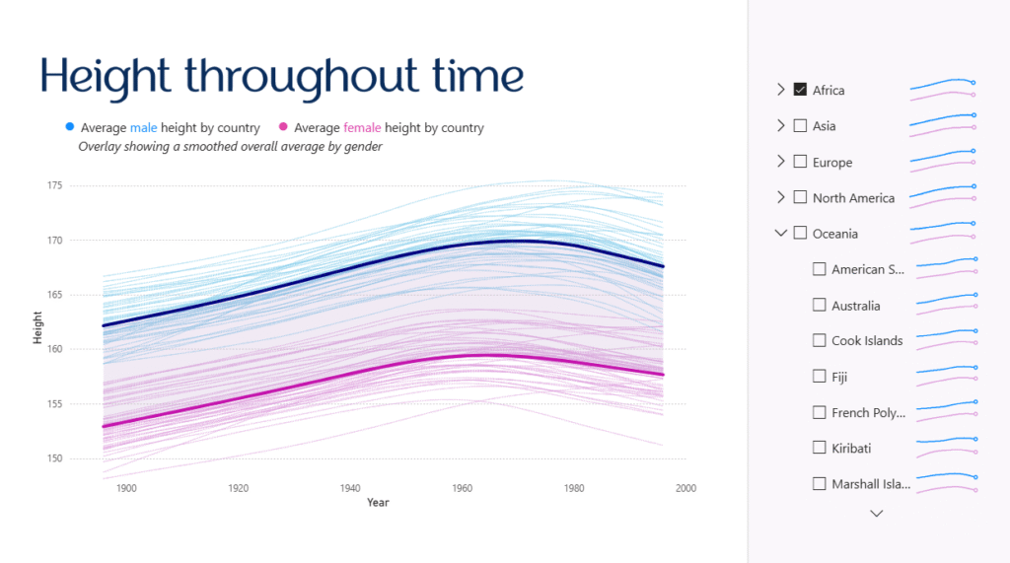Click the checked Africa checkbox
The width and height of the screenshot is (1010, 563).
point(800,90)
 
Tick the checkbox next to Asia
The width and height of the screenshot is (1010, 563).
point(800,126)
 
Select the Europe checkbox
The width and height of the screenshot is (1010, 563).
point(800,162)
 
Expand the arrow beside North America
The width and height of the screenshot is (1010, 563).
point(781,197)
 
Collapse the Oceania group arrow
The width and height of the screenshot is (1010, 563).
point(781,234)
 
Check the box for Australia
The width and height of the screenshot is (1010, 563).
point(819,306)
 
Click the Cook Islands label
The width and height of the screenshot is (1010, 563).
point(867,341)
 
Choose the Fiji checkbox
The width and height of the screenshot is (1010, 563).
point(819,377)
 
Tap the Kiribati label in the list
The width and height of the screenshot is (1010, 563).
point(851,449)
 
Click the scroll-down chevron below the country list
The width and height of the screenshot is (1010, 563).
point(876,514)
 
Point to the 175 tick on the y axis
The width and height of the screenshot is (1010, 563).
point(54,185)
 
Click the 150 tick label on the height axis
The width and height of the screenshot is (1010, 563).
point(54,458)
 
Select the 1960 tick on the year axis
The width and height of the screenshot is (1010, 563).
point(462,488)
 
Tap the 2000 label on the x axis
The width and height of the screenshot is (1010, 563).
point(685,488)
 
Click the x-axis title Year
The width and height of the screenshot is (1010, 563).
point(378,503)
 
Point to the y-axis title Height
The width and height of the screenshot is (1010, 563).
point(37,328)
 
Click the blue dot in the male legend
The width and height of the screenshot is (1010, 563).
point(70,127)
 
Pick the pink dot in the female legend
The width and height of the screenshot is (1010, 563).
point(283,127)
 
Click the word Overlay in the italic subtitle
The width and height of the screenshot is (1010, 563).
point(100,147)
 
